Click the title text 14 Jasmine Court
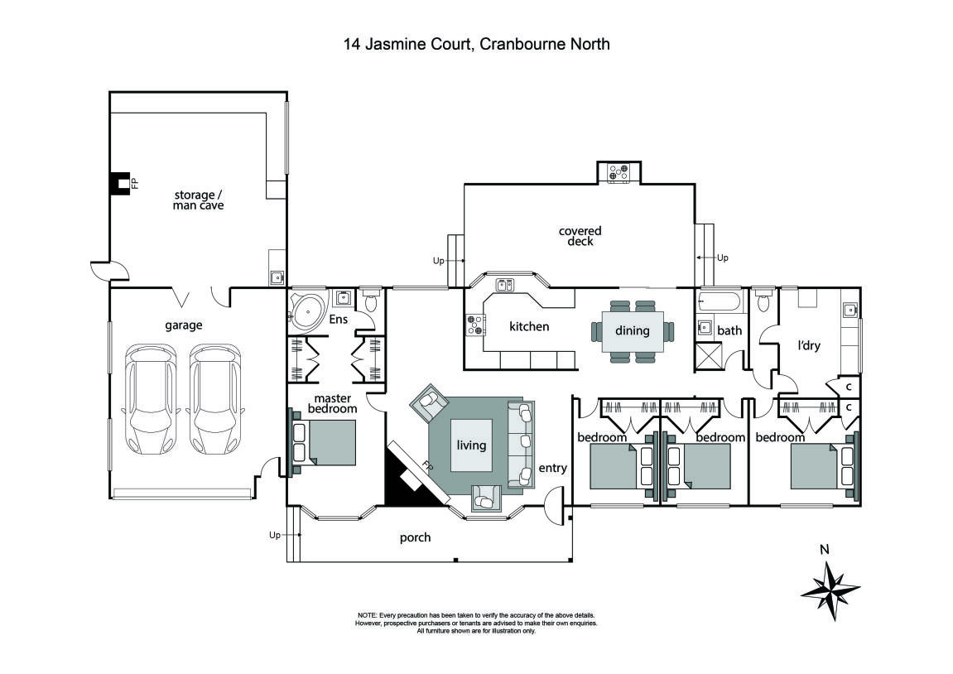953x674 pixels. point(406,44)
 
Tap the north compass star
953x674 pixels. point(830,590)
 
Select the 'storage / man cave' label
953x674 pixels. point(198,200)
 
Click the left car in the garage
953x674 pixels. point(150,398)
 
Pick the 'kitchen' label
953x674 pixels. point(529,326)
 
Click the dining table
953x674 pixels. point(633,331)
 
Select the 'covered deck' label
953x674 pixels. point(580,236)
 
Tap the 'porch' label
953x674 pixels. point(415,537)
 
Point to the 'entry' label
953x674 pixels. point(552,468)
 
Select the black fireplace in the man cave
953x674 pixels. point(121,183)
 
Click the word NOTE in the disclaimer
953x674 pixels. point(368,616)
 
